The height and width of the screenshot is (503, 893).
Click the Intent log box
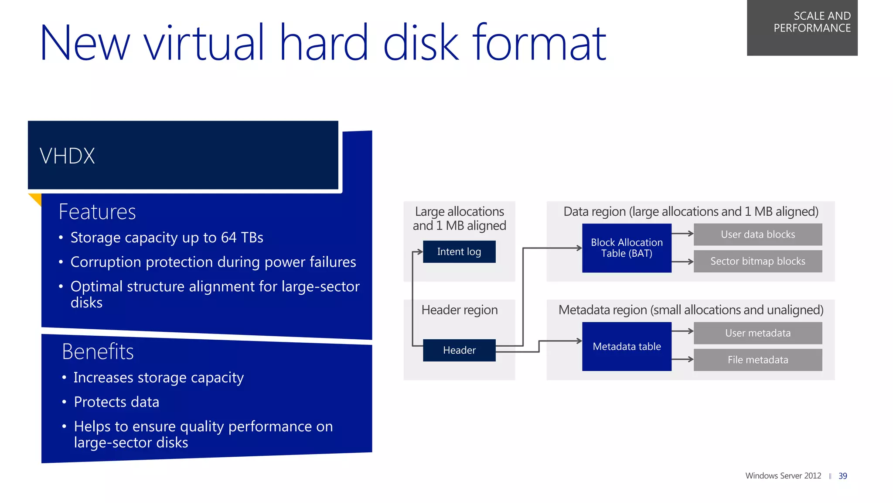[459, 251]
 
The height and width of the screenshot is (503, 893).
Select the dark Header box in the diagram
[459, 350]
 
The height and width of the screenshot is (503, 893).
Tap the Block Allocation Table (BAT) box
[627, 248]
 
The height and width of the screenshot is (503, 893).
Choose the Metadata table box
[627, 347]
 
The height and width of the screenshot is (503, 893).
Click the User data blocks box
[758, 234]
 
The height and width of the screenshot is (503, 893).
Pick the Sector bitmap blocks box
[758, 261]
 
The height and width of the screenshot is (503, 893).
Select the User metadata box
[758, 333]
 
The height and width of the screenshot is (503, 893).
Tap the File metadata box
[758, 360]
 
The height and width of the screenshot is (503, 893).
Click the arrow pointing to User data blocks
[683, 234]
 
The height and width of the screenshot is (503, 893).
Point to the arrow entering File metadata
[683, 359]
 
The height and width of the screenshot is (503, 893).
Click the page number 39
[842, 476]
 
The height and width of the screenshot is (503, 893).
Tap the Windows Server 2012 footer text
[783, 476]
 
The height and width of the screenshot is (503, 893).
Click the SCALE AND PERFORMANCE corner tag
[802, 27]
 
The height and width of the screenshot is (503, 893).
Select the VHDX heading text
[67, 156]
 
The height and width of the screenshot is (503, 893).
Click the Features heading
[97, 212]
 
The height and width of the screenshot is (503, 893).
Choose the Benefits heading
[98, 351]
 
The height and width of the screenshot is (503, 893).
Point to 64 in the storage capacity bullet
[228, 238]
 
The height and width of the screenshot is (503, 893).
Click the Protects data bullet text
[116, 402]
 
